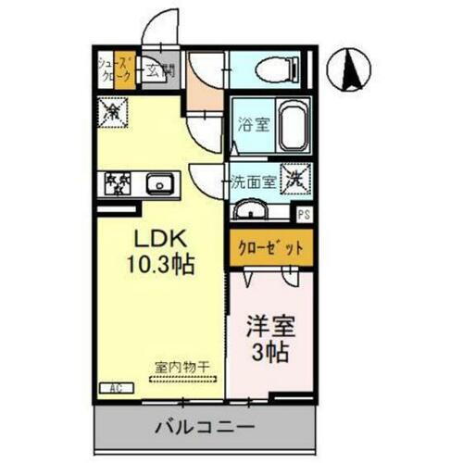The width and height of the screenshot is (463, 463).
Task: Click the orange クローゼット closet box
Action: (x=270, y=246)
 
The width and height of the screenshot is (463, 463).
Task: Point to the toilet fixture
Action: (x=274, y=69)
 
